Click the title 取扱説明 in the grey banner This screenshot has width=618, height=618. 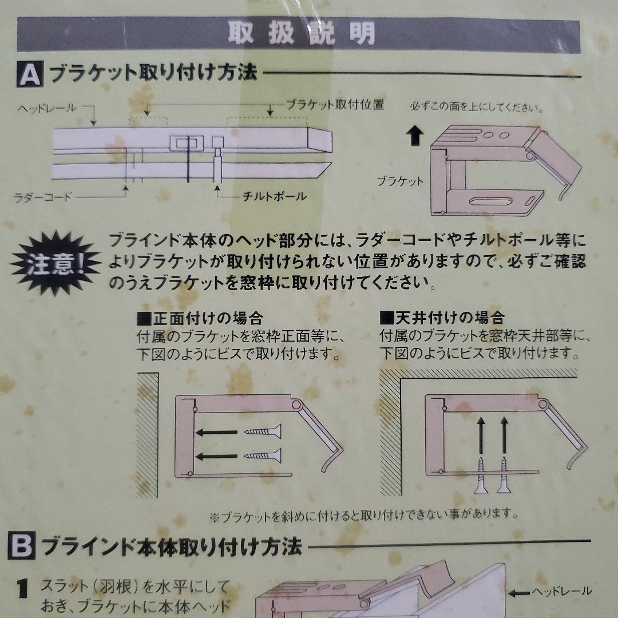pyautogui.click(x=302, y=33)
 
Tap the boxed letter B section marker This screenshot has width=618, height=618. pyautogui.click(x=21, y=545)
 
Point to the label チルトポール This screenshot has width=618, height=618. pyautogui.click(x=274, y=196)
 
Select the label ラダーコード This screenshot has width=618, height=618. pyautogui.click(x=43, y=197)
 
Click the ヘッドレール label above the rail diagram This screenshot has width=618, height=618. pyautogui.click(x=47, y=108)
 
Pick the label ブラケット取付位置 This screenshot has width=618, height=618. pyautogui.click(x=335, y=105)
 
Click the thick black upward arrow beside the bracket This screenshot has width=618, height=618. pyautogui.click(x=415, y=136)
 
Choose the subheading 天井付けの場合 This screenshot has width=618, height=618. pyautogui.click(x=442, y=317)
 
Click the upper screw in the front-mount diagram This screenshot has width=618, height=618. pyautogui.click(x=263, y=431)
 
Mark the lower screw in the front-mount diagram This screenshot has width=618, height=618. pyautogui.click(x=263, y=455)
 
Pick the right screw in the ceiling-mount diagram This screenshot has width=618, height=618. pyautogui.click(x=504, y=475)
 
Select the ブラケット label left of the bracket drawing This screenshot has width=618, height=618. pyautogui.click(x=399, y=181)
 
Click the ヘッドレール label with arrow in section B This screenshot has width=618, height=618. pyautogui.click(x=550, y=592)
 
